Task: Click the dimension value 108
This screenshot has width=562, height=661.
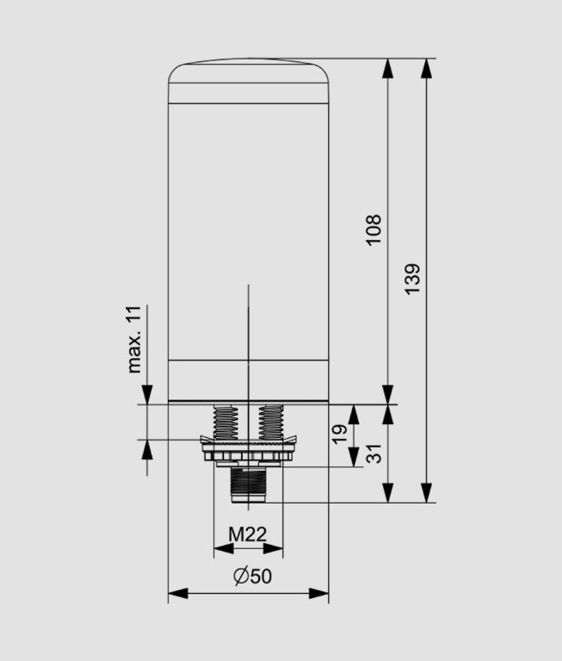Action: [374, 231]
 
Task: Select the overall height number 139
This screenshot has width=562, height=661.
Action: [412, 280]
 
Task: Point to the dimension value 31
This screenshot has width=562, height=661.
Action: [374, 453]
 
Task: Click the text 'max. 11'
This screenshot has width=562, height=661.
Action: [133, 338]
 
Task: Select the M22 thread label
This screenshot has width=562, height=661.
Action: [247, 534]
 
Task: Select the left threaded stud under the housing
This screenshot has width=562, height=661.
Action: [225, 421]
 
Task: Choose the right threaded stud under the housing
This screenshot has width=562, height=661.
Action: [271, 421]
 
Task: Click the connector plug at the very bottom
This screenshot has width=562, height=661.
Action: [247, 486]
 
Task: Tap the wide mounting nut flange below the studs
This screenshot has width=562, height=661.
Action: [248, 451]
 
